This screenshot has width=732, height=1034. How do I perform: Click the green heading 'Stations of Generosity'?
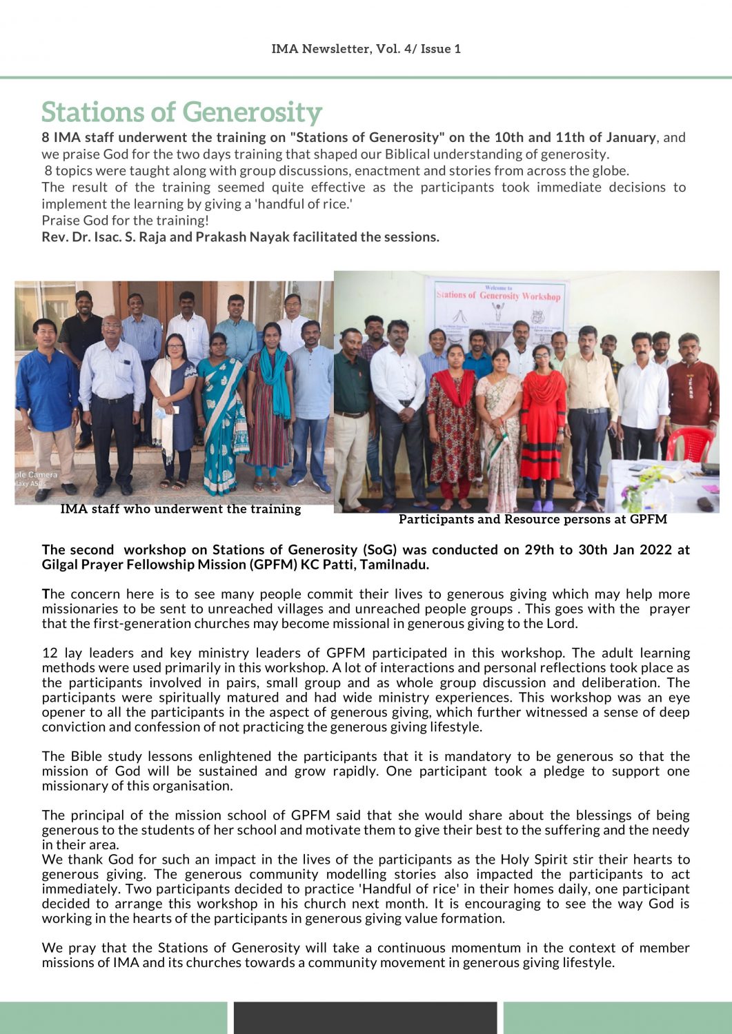click(181, 112)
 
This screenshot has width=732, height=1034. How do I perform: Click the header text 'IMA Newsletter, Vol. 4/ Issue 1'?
click(366, 49)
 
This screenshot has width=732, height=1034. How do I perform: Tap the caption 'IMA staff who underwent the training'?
click(181, 509)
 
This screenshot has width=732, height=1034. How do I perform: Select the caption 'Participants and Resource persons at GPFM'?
click(533, 519)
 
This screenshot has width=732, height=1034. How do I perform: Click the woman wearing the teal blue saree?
click(223, 414)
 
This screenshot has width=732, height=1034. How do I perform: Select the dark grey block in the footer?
click(365, 1017)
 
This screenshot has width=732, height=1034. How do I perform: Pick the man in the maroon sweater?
click(693, 393)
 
